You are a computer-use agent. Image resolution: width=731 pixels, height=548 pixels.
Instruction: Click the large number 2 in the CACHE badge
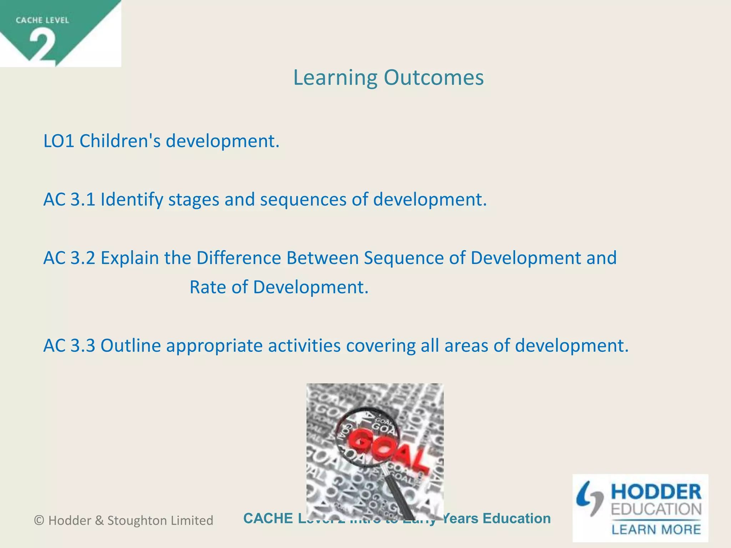[x=42, y=46]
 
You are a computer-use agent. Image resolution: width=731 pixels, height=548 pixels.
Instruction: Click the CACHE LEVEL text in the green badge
[x=42, y=20]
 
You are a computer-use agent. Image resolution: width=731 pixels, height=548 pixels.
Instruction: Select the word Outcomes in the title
[x=434, y=77]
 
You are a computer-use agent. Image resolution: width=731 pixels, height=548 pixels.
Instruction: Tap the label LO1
[x=59, y=141]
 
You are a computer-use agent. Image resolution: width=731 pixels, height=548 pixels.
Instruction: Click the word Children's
[x=120, y=141]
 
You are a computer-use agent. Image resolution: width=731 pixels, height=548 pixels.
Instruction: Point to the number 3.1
[x=83, y=199]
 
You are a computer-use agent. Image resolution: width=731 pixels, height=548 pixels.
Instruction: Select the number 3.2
[x=83, y=258]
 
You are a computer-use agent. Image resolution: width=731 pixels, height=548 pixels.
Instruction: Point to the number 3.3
[x=83, y=346]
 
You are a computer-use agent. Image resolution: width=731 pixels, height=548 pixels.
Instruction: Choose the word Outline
[x=131, y=346]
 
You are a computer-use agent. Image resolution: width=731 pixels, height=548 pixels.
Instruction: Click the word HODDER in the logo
[x=656, y=492]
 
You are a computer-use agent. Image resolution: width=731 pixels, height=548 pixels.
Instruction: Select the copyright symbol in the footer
[x=39, y=521]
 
